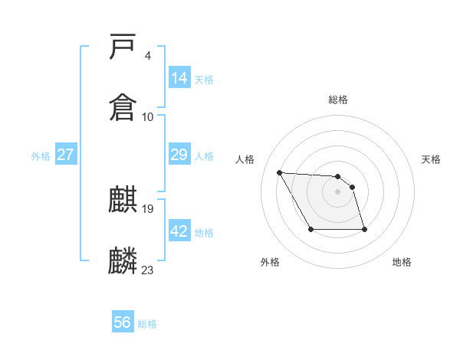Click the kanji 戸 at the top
tap(123, 47)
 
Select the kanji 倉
tap(123, 106)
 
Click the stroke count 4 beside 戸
tap(147, 56)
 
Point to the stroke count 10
tap(148, 117)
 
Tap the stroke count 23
tap(148, 270)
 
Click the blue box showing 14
tap(179, 78)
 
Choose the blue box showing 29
tap(179, 155)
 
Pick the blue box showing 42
tap(179, 231)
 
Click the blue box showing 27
tap(66, 155)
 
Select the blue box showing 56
tap(123, 322)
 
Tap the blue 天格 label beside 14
tap(204, 80)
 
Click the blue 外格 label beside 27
tap(41, 156)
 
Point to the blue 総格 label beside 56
tap(147, 324)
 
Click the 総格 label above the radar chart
tap(338, 100)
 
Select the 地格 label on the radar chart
tap(402, 262)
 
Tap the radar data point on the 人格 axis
tap(280, 172)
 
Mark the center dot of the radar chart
tap(338, 191)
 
